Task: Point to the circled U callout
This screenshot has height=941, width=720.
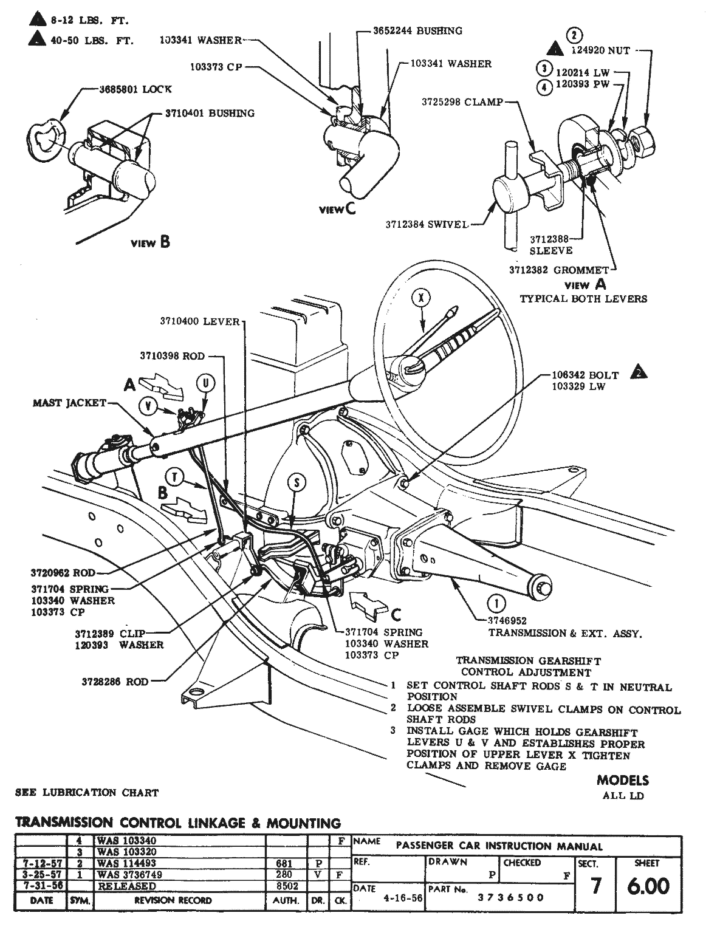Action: point(206,383)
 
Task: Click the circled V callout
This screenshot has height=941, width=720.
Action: point(148,405)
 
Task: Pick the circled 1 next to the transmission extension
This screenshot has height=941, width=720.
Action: point(496,603)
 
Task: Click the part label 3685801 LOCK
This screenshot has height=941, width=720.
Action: point(135,89)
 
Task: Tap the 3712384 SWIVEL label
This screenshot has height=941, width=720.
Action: point(427,224)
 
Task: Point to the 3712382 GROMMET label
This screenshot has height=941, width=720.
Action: point(559,270)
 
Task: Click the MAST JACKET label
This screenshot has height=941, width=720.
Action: point(69,403)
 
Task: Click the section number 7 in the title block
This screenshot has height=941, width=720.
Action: point(595,887)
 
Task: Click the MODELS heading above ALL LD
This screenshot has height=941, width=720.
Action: point(622,780)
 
